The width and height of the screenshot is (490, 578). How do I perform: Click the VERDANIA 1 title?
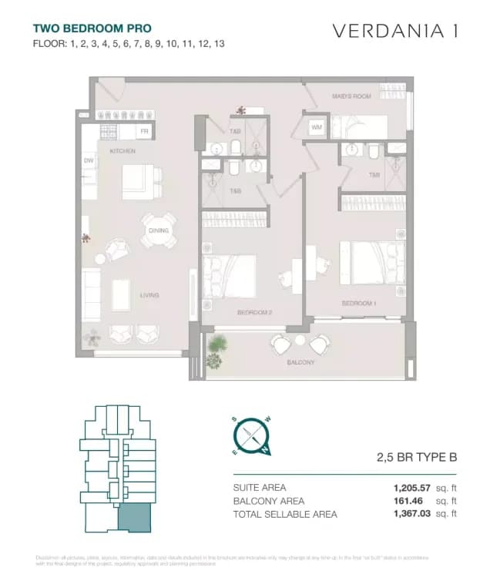tap(395, 31)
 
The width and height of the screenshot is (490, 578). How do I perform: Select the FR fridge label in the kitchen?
tap(144, 132)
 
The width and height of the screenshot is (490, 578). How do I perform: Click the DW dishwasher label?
tap(88, 160)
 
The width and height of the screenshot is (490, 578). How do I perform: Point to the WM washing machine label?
tap(317, 126)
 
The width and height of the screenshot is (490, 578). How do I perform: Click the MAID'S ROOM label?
tap(351, 96)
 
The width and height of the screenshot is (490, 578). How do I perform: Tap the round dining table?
tap(157, 230)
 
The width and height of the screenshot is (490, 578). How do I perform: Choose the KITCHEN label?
tap(123, 151)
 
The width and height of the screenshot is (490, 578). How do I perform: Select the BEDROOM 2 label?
tap(254, 312)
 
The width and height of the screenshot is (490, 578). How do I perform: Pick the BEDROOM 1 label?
tap(358, 304)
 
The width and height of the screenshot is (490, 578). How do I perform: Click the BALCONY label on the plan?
tap(300, 361)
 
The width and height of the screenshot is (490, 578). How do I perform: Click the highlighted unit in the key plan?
tap(133, 519)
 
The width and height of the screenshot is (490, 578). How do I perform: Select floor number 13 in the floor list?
tap(218, 44)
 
